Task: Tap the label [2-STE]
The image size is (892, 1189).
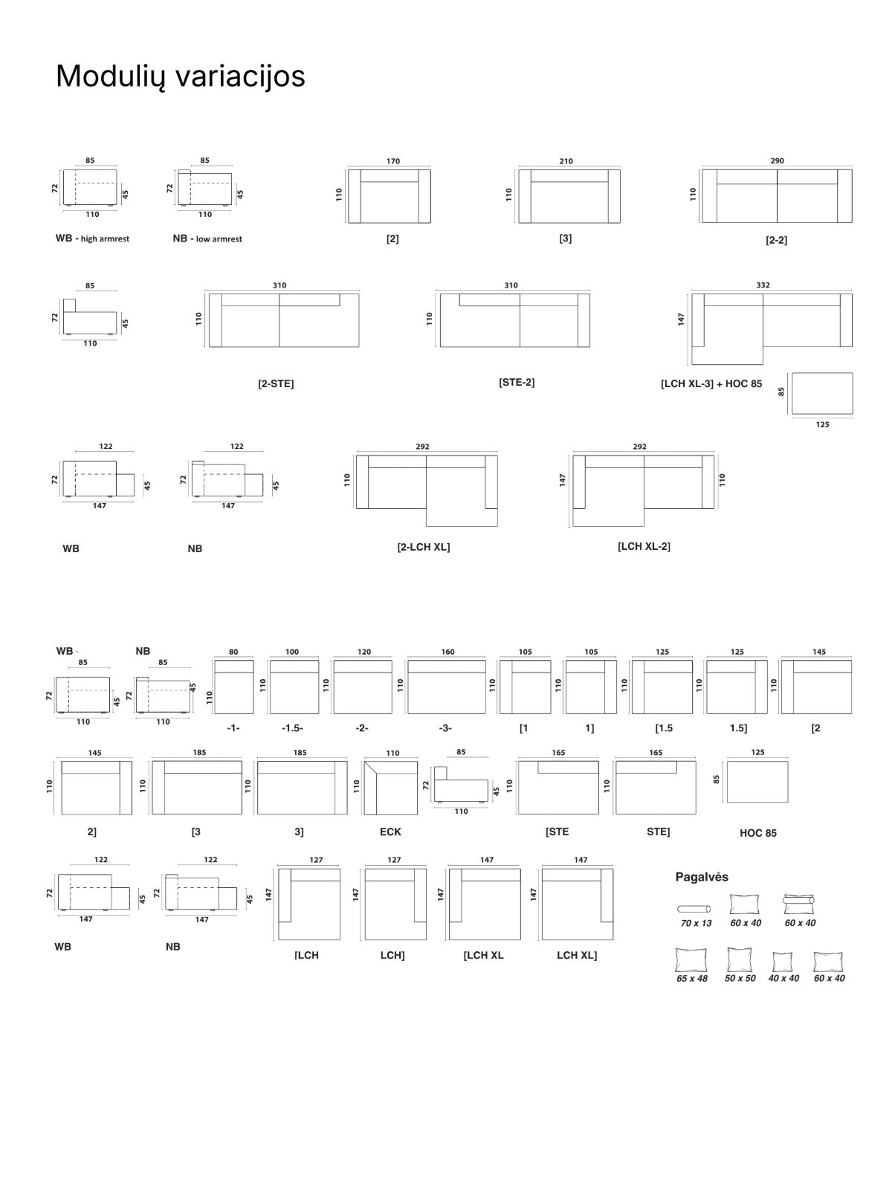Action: pos(276,383)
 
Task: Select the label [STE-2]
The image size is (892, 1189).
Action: pos(517,383)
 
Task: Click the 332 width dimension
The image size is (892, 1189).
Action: pos(763,285)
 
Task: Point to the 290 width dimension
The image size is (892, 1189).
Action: pos(778,161)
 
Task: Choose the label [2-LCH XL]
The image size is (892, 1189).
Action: pos(424,547)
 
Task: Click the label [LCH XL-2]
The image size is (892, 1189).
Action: pos(644,546)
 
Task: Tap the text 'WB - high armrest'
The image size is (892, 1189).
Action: pos(93,239)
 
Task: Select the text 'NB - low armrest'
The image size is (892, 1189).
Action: pos(207,239)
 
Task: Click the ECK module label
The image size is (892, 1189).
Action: pos(390,832)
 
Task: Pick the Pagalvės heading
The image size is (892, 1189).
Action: pos(702,877)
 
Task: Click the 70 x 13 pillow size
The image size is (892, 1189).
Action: pos(696,923)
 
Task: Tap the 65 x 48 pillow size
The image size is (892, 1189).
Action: pos(692,978)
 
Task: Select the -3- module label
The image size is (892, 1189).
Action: pos(445,728)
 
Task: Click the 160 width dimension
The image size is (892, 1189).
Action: pos(448,652)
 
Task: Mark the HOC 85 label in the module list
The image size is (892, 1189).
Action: pos(758,833)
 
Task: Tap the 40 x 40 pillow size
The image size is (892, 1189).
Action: pos(783,978)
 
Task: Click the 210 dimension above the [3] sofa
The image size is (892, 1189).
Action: pos(566,161)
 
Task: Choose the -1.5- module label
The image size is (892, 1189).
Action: pos(292,728)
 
